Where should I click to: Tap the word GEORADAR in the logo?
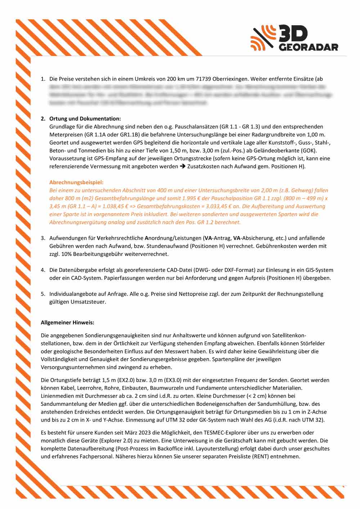pyautogui.click(x=309, y=47)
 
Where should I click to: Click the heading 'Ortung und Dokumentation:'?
pyautogui.click(x=85, y=119)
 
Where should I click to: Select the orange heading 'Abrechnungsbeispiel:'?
pyautogui.click(x=76, y=183)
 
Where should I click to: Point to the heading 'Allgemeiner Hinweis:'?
pyautogui.click(x=67, y=323)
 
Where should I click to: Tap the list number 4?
pyautogui.click(x=43, y=270)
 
